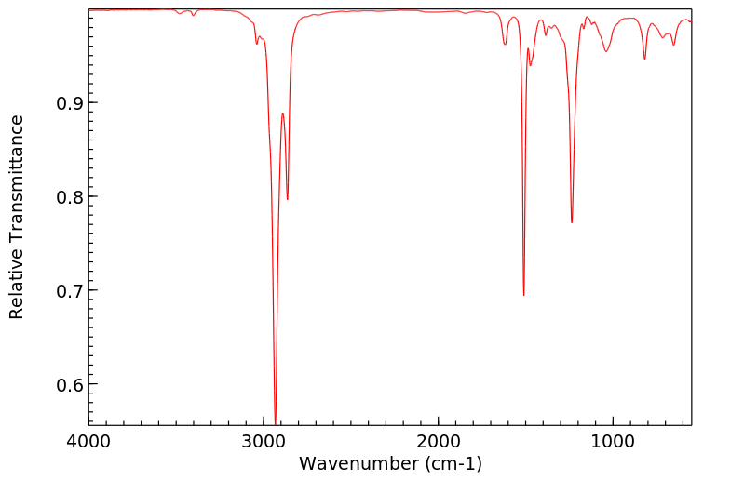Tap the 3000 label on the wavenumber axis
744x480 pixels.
(264, 440)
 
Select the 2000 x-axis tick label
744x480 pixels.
(439, 440)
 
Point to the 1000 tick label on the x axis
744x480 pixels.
(613, 440)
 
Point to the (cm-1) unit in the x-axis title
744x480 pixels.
(452, 463)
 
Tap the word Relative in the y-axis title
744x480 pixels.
(17, 285)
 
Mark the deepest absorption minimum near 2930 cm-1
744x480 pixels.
(276, 420)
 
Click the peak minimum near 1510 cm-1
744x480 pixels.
(524, 295)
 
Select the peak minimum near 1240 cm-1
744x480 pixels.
(572, 222)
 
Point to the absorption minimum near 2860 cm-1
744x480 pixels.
(288, 199)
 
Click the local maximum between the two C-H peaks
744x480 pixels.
(283, 113)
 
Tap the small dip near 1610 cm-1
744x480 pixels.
(505, 44)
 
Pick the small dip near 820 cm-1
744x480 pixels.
(644, 59)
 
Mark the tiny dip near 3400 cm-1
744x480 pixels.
(193, 15)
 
